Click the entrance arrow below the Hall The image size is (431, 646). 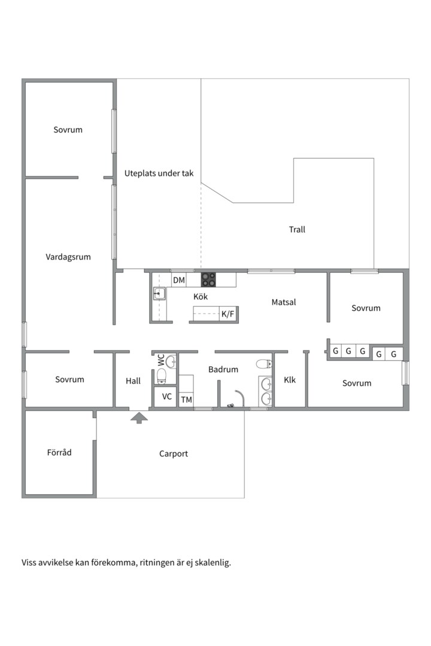pyautogui.click(x=139, y=418)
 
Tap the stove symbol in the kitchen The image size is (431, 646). pyautogui.click(x=209, y=280)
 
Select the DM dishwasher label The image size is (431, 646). pyautogui.click(x=179, y=280)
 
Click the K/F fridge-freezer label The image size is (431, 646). pyautogui.click(x=227, y=315)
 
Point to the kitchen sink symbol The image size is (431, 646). pyautogui.click(x=159, y=294)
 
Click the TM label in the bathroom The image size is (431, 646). pyautogui.click(x=186, y=400)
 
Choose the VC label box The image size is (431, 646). pyautogui.click(x=166, y=397)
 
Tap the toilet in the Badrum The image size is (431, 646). pyautogui.click(x=263, y=364)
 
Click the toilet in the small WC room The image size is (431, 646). pyautogui.click(x=162, y=376)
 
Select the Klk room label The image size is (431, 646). pyautogui.click(x=290, y=380)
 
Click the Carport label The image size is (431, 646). pyautogui.click(x=173, y=453)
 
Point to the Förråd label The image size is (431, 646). pyautogui.click(x=59, y=452)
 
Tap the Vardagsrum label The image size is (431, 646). pyautogui.click(x=68, y=257)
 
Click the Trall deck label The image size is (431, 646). pyautogui.click(x=297, y=230)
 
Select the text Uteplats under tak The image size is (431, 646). pyautogui.click(x=159, y=173)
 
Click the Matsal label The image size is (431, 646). pyautogui.click(x=284, y=302)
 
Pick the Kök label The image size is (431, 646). pyautogui.click(x=201, y=297)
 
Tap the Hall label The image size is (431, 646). pyautogui.click(x=133, y=381)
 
